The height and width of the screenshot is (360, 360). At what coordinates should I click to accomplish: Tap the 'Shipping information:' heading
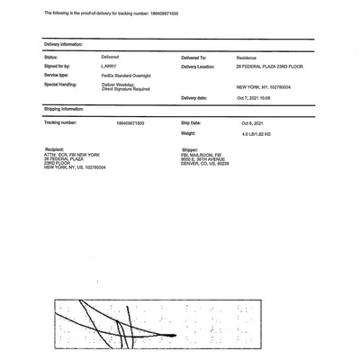pyautogui.click(x=64, y=108)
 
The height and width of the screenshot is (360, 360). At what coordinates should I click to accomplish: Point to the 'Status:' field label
pyautogui.click(x=50, y=57)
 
